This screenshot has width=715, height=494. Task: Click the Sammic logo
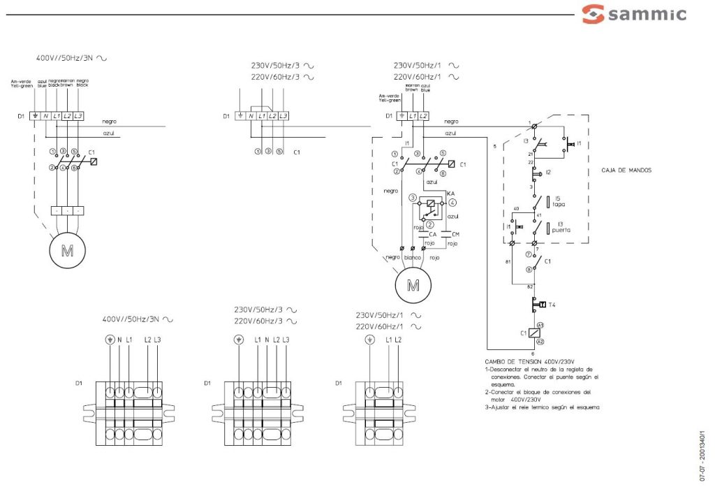(634, 14)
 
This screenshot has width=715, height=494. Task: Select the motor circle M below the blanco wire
(413, 285)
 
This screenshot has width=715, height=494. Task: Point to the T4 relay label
(552, 305)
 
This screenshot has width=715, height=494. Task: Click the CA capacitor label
(433, 235)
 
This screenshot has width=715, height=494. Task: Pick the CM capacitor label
(456, 235)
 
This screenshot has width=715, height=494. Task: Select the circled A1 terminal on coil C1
(540, 325)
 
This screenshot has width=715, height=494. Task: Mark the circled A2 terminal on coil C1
(540, 341)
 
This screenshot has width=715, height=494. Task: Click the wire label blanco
(413, 257)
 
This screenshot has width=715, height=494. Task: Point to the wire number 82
(530, 287)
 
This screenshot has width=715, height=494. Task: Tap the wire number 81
(508, 261)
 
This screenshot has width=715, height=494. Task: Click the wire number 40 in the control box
(515, 210)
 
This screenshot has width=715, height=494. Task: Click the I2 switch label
(549, 172)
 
